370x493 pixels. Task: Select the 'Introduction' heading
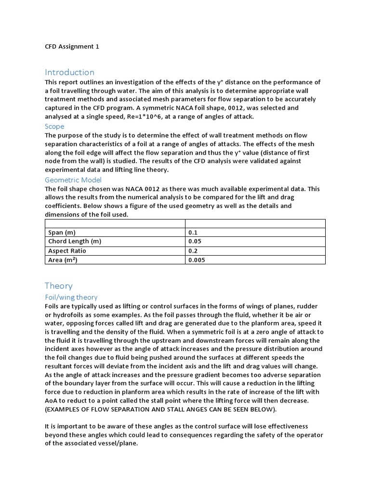click(x=69, y=72)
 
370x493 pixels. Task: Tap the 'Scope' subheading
click(x=54, y=126)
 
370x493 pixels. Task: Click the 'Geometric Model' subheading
click(x=73, y=180)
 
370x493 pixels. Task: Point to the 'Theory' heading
click(x=58, y=285)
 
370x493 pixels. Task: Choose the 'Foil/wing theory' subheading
click(x=71, y=297)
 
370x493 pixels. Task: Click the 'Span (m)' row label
click(x=63, y=233)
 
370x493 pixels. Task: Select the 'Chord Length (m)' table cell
click(x=75, y=242)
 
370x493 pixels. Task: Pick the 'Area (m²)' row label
click(x=63, y=260)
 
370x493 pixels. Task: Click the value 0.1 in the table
click(x=193, y=233)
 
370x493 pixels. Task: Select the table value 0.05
click(x=195, y=242)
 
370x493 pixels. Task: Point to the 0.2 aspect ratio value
click(x=193, y=251)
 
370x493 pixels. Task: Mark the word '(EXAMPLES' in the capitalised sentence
click(x=65, y=409)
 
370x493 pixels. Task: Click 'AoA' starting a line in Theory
click(x=52, y=401)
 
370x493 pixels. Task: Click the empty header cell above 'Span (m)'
click(x=115, y=223)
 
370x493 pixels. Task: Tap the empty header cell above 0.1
click(x=255, y=223)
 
